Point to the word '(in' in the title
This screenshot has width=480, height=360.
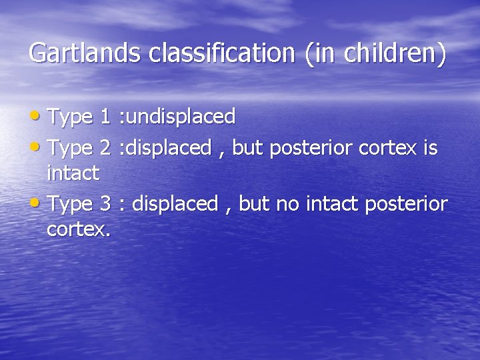pyautogui.click(x=321, y=53)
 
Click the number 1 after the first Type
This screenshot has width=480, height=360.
pyautogui.click(x=105, y=117)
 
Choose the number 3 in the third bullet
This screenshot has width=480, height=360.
pyautogui.click(x=105, y=203)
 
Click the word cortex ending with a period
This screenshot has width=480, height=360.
pyautogui.click(x=79, y=230)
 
